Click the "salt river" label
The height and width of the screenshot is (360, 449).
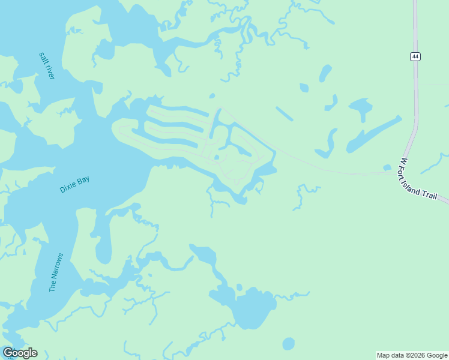point(47,66)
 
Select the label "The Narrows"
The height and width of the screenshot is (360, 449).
point(56,272)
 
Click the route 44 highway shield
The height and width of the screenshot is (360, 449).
point(415,56)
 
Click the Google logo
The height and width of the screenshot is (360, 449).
point(20,353)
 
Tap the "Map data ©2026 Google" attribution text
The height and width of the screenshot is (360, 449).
point(412,355)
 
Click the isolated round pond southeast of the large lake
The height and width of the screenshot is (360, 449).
point(288,344)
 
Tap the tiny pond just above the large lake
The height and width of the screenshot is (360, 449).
point(240,287)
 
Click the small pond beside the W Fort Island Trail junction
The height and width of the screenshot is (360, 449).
point(387,168)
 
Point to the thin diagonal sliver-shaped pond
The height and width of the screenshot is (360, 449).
point(285,113)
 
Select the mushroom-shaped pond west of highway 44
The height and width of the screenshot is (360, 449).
point(361,109)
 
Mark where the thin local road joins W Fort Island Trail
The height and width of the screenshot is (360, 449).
point(394,173)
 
